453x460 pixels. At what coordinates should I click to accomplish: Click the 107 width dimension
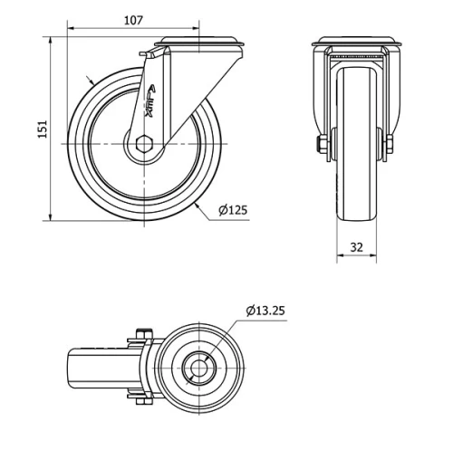pos(132,19)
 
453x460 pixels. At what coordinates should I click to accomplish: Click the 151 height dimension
pos(42,129)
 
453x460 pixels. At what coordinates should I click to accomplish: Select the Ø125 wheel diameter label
pos(233,211)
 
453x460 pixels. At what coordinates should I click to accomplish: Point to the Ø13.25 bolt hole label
pos(265,311)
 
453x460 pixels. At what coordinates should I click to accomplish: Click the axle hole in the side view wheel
pos(145,145)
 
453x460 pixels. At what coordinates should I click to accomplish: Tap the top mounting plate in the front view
pos(356,42)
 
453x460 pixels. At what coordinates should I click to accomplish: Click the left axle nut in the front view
pos(323,145)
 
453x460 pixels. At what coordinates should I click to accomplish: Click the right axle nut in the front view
pos(389,145)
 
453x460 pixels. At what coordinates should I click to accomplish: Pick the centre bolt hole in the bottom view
pos(198,368)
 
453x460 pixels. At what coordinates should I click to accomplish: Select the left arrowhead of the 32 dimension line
pos(340,256)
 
